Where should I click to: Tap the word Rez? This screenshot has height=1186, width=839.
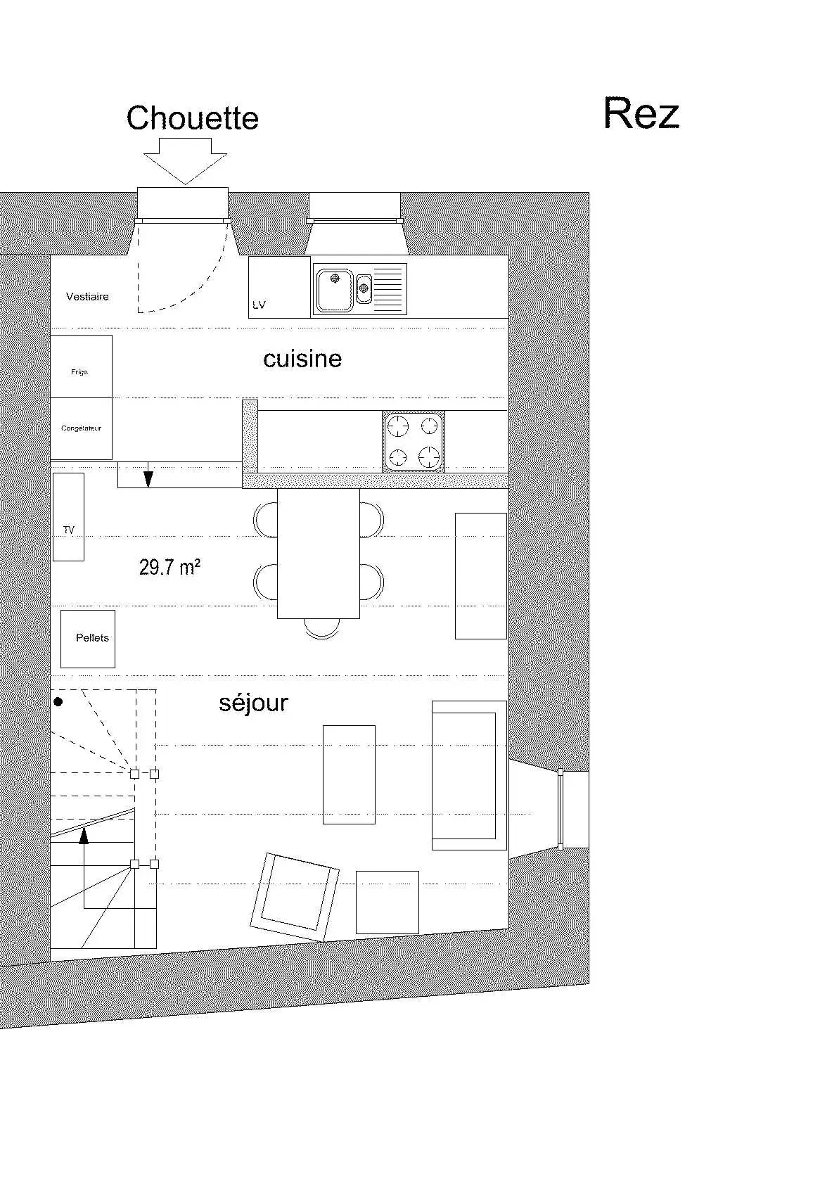(641, 113)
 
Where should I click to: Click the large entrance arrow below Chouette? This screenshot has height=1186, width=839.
(185, 161)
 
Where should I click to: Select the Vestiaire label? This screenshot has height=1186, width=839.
(87, 297)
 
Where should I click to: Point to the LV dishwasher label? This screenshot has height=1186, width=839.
(259, 305)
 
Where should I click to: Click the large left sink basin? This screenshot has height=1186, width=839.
(335, 290)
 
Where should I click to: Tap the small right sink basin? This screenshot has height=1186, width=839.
(364, 288)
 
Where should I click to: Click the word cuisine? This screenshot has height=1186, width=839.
(302, 359)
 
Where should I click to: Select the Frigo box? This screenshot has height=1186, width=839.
(82, 366)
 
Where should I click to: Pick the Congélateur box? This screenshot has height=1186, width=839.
(82, 429)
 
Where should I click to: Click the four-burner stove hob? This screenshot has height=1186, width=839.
(414, 442)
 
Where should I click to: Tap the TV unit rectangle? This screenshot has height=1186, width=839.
(68, 517)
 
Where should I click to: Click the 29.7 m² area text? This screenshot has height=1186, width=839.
(169, 567)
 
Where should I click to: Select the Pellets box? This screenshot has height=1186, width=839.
(88, 639)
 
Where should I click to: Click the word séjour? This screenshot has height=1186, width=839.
(254, 703)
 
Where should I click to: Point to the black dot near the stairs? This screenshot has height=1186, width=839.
(59, 702)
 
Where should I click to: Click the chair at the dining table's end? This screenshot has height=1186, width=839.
(322, 628)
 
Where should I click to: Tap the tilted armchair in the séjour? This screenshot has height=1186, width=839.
(294, 897)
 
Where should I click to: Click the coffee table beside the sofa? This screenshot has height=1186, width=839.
(349, 774)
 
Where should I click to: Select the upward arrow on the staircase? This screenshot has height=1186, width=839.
(83, 869)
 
